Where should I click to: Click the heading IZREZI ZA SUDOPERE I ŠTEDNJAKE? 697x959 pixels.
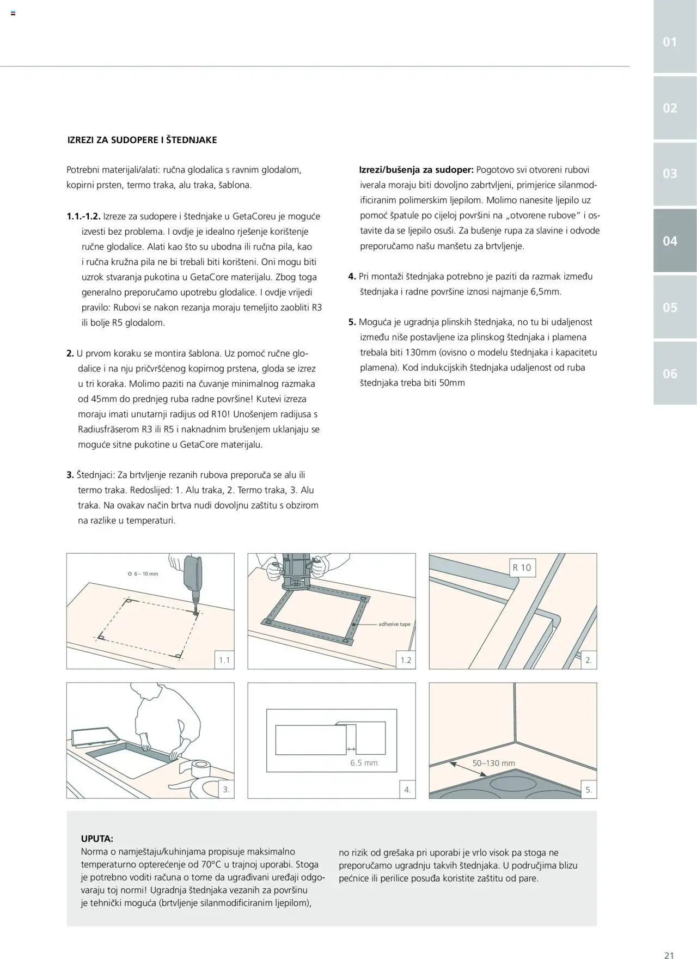[x=142, y=140]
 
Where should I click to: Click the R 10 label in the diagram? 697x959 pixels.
[x=522, y=567]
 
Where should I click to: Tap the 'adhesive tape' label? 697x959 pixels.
[x=394, y=624]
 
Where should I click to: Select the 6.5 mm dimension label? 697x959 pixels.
[x=364, y=763]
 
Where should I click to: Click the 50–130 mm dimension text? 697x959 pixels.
[x=493, y=763]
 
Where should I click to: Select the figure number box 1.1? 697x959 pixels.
[x=224, y=661]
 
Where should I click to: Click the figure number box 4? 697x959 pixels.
[x=407, y=790]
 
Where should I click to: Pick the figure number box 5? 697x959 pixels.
[x=588, y=790]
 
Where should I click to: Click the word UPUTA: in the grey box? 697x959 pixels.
[x=97, y=839]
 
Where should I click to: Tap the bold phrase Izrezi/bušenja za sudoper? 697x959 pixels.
[x=416, y=170]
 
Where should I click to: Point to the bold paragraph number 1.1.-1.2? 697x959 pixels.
[x=84, y=216]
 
